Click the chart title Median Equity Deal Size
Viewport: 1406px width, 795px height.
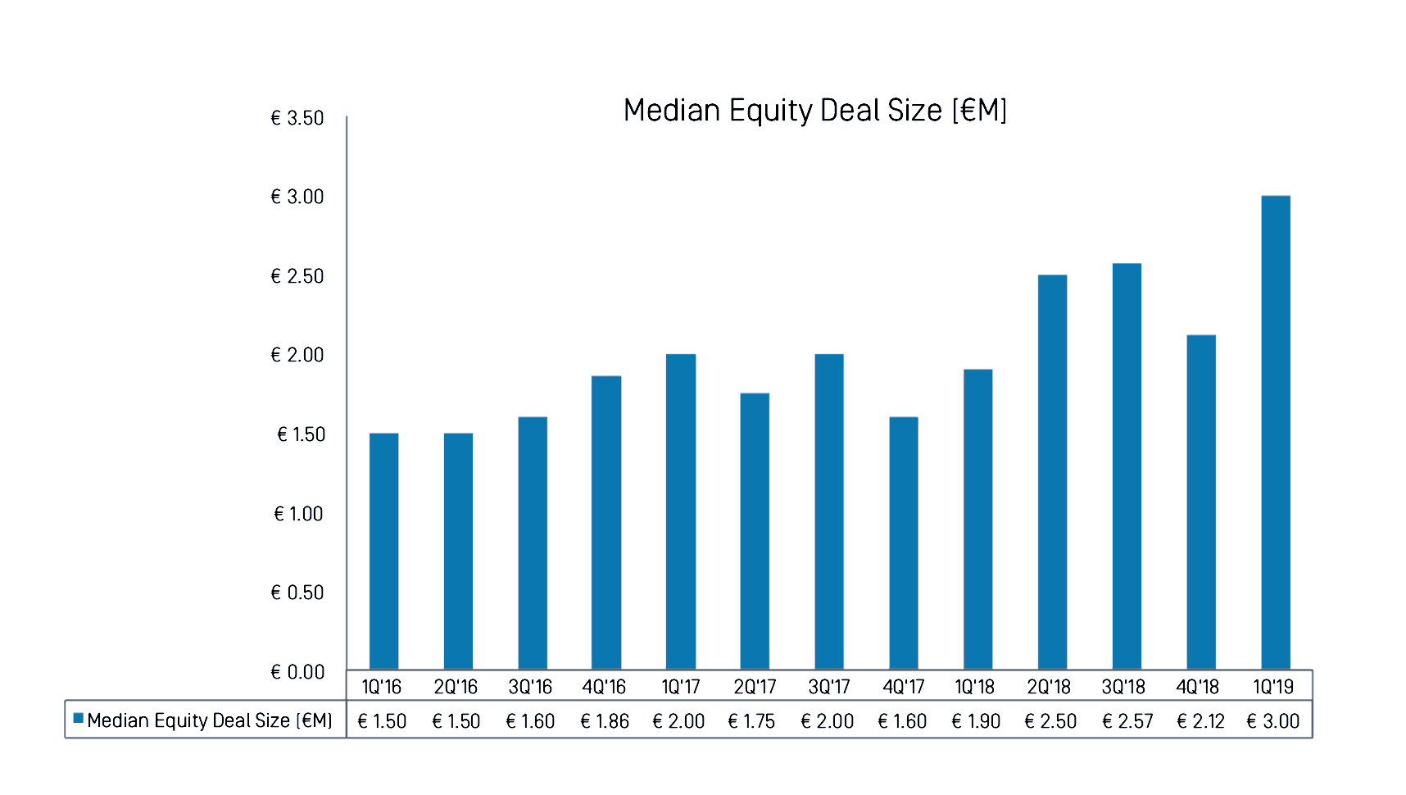[814, 111]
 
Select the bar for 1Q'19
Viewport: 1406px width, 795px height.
[1275, 432]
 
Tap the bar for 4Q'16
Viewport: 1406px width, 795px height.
[606, 522]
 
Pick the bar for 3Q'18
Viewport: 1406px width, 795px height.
[1127, 466]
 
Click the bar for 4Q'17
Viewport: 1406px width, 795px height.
[904, 543]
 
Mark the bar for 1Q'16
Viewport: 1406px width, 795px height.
[383, 551]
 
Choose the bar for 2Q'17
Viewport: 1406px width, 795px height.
[755, 530]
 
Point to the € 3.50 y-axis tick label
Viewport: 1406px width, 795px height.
[297, 118]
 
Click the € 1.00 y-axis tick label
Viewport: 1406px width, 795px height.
[298, 514]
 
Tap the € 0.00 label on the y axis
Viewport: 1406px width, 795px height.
[297, 672]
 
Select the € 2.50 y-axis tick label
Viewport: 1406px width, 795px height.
[297, 276]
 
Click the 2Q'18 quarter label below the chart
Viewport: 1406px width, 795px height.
[1049, 687]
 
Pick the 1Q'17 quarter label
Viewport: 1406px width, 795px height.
[681, 687]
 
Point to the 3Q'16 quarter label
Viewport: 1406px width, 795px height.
[530, 687]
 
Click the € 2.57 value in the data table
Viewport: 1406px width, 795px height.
[1127, 721]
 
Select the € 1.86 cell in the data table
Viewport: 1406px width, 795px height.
[605, 721]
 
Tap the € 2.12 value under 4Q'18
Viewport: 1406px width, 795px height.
[1200, 721]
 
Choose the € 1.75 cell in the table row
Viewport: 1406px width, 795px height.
[751, 721]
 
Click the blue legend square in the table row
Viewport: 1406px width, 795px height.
[79, 718]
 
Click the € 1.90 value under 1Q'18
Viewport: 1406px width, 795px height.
[976, 721]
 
